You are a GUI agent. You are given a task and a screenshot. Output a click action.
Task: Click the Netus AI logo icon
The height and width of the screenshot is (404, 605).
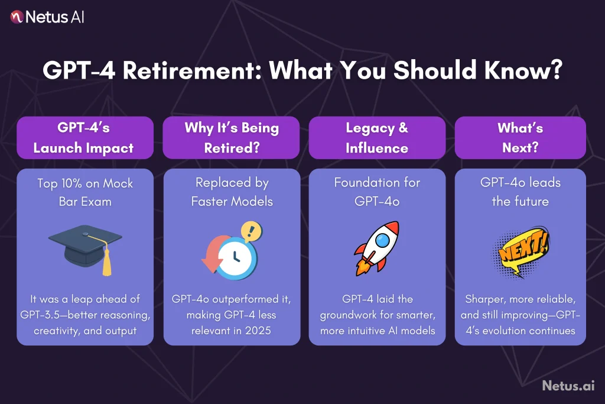tap(17, 17)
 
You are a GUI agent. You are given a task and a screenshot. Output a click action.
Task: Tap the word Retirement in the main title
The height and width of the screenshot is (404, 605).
tap(192, 70)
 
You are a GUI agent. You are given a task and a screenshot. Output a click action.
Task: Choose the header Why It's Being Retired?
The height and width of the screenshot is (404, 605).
tap(231, 138)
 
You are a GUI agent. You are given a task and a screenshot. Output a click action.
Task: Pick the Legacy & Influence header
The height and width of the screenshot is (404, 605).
tap(377, 138)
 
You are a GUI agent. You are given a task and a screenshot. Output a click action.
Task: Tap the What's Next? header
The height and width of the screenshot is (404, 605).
tap(520, 138)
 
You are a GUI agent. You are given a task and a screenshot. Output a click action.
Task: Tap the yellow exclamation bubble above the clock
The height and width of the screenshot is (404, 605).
tap(251, 231)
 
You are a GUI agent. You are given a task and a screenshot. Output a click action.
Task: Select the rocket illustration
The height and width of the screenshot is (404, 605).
tap(376, 248)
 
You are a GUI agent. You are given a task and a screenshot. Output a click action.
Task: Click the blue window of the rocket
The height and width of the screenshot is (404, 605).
tap(382, 240)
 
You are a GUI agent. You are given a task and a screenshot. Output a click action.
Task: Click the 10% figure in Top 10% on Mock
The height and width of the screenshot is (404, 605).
tap(71, 183)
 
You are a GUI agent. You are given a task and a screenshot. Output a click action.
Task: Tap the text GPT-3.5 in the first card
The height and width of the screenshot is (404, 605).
tap(40, 315)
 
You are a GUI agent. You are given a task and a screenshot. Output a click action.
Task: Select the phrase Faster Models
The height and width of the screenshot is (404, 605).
tap(232, 201)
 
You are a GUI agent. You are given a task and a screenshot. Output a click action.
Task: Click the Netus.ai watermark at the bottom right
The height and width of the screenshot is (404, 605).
tap(568, 386)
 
